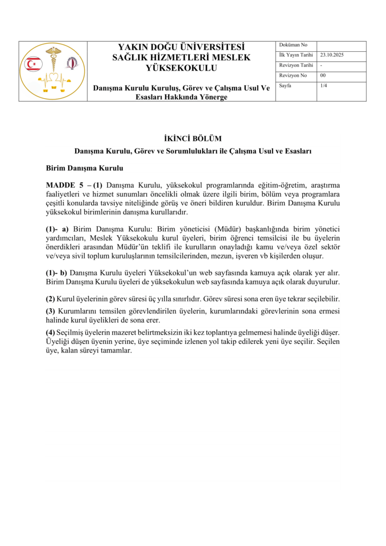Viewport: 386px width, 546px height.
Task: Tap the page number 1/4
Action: pos(324,86)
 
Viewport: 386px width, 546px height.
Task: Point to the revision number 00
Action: pos(323,76)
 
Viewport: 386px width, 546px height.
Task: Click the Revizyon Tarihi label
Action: pos(296,66)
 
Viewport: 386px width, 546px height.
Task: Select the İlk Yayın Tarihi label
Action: pos(296,55)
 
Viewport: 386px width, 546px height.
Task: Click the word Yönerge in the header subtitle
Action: pos(213,98)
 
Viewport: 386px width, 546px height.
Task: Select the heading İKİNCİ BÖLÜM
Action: pos(192,139)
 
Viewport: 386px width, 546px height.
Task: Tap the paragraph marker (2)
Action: pos(50,299)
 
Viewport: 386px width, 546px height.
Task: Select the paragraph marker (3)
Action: pos(50,311)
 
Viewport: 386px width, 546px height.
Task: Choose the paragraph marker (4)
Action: pos(50,332)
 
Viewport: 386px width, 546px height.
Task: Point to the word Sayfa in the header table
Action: pos(285,86)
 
